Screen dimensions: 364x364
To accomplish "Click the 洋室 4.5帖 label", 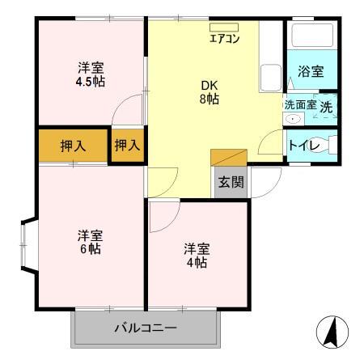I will click(x=90, y=74).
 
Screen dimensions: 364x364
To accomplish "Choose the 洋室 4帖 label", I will click(x=195, y=255).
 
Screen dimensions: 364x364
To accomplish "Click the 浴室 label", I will click(x=311, y=71).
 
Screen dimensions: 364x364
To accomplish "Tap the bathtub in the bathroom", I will click(x=311, y=36).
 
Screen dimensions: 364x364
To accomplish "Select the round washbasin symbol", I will click(x=292, y=120).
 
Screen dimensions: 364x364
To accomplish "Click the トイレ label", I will click(x=301, y=146).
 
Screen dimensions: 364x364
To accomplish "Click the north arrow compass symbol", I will click(x=331, y=332).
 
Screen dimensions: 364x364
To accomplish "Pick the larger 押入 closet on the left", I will click(x=73, y=146).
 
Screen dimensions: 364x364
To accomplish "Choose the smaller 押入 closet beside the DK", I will click(x=127, y=146).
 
